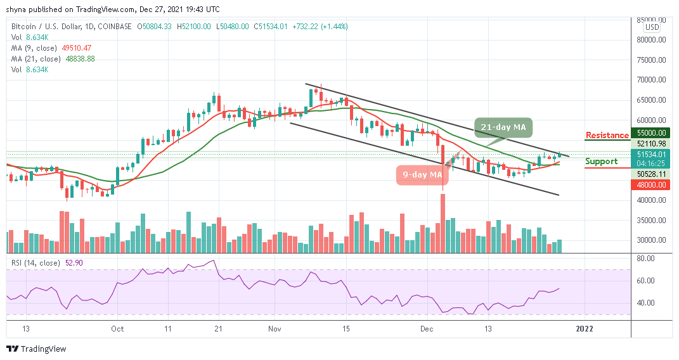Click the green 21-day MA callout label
click(502, 128)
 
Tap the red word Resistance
click(607, 135)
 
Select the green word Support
click(601, 161)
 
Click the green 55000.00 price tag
click(651, 134)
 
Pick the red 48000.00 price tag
click(651, 184)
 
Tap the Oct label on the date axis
click(117, 329)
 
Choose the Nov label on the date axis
click(275, 329)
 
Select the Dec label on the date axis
click(427, 329)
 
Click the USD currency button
click(651, 27)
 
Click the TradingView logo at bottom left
click(36, 349)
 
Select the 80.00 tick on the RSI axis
click(646, 259)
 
